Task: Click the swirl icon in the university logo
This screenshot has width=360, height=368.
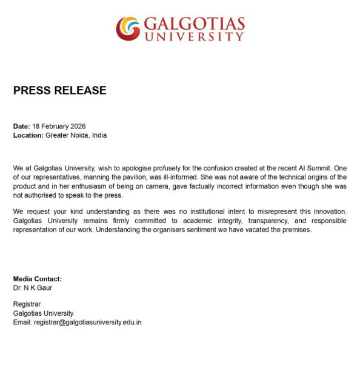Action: pyautogui.click(x=128, y=28)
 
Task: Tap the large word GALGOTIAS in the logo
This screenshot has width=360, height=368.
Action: pyautogui.click(x=194, y=25)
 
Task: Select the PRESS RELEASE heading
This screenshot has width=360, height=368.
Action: pyautogui.click(x=60, y=91)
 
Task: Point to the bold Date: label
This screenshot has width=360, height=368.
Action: pyautogui.click(x=22, y=126)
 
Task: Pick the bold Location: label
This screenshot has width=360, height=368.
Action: pyautogui.click(x=28, y=135)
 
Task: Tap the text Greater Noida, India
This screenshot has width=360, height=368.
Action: pyautogui.click(x=76, y=135)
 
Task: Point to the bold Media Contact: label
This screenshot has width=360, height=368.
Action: pyautogui.click(x=38, y=279)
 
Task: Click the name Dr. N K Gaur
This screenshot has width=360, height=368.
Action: pyautogui.click(x=33, y=288)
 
